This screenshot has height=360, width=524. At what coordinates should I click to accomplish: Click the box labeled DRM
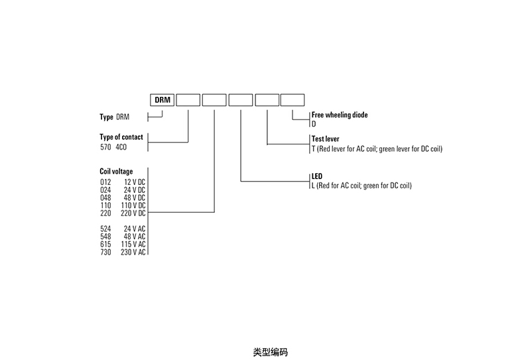(x=162, y=100)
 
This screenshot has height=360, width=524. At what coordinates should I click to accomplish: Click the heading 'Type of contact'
(x=121, y=137)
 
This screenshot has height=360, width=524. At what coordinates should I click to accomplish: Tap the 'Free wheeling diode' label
(x=340, y=115)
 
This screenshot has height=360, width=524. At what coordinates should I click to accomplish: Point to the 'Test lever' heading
(x=325, y=140)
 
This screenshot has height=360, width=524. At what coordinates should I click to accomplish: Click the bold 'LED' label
(x=316, y=177)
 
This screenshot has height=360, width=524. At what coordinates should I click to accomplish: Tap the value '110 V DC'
(x=133, y=205)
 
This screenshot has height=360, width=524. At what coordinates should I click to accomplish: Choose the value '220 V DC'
(x=133, y=213)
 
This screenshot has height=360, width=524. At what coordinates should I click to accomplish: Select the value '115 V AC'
(x=133, y=245)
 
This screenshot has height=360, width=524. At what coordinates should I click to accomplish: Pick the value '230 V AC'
(x=133, y=253)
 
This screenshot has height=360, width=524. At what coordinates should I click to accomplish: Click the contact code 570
(x=104, y=147)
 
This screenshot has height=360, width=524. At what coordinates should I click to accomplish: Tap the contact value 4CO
(x=121, y=147)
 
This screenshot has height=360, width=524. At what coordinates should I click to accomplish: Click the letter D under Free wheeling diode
(x=314, y=123)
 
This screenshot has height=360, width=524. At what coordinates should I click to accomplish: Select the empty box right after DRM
(x=188, y=100)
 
